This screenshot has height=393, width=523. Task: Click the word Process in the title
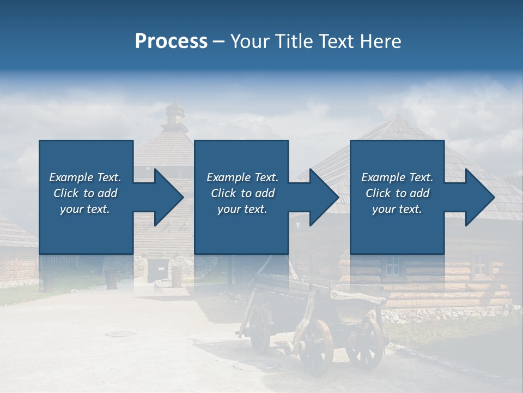(x=171, y=41)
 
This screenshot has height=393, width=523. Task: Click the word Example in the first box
(x=71, y=177)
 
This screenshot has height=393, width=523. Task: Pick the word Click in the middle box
(x=224, y=193)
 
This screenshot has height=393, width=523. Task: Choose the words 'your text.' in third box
(x=397, y=209)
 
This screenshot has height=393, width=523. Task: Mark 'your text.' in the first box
(x=85, y=209)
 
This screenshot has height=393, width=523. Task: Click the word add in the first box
(x=107, y=193)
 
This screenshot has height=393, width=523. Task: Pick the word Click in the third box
(x=379, y=193)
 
